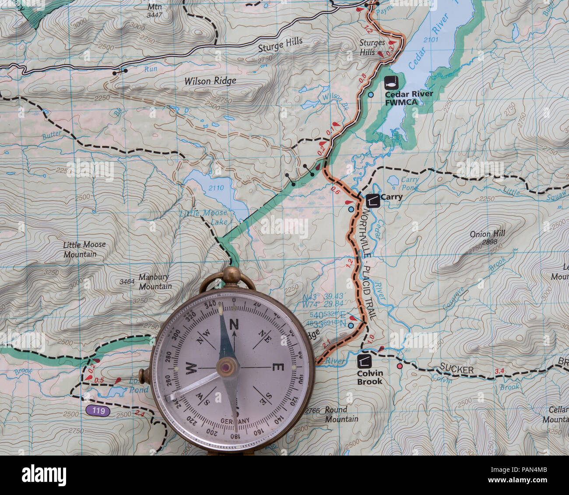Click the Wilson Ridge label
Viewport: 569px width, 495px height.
tap(210, 81)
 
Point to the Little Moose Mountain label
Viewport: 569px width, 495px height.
tap(84, 249)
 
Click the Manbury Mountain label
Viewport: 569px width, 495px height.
tap(155, 282)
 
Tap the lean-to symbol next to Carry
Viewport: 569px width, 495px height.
tap(373, 201)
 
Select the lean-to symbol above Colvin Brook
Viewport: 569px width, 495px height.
tap(365, 361)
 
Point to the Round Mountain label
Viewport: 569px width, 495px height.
tap(341, 414)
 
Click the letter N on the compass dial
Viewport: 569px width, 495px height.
tap(234, 324)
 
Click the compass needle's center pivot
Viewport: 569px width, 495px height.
tap(228, 366)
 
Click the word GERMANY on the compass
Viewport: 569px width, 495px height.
tap(235, 421)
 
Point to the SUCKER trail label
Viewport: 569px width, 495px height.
tap(457, 370)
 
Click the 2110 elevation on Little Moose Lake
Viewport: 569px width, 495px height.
tap(216, 188)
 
